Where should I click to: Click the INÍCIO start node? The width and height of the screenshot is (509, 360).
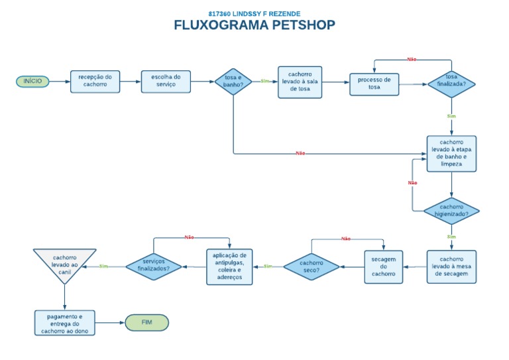(x=32, y=82)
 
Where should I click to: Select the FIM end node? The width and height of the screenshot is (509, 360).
(x=146, y=322)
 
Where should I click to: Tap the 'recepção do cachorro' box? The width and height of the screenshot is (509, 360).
(x=95, y=81)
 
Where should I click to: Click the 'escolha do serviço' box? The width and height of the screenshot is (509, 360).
(x=166, y=81)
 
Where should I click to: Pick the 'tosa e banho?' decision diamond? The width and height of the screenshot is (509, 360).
(x=233, y=82)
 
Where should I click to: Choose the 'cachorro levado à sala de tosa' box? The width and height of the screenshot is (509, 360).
(x=300, y=82)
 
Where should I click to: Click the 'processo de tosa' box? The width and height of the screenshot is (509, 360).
(x=374, y=84)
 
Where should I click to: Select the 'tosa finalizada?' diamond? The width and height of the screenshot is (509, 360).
(x=451, y=84)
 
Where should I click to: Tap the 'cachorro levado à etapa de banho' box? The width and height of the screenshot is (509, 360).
(x=451, y=153)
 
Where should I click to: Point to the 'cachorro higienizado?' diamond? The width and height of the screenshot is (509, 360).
(x=451, y=211)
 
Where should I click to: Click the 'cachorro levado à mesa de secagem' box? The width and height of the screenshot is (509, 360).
(x=451, y=267)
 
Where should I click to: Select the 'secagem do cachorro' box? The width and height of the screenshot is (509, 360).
(x=384, y=267)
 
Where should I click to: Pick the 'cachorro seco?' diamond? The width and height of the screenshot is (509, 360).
(x=311, y=267)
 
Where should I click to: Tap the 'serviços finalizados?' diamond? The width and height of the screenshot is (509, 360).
(x=154, y=267)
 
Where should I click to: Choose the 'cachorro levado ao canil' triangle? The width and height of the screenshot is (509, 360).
(x=65, y=263)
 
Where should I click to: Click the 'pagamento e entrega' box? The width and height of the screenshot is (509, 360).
(x=65, y=322)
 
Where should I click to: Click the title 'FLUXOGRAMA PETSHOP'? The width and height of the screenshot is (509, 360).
(x=254, y=25)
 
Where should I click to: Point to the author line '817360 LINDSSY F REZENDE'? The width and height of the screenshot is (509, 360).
(x=254, y=13)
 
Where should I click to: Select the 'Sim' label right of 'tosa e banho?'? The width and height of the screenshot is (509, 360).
(x=264, y=82)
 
